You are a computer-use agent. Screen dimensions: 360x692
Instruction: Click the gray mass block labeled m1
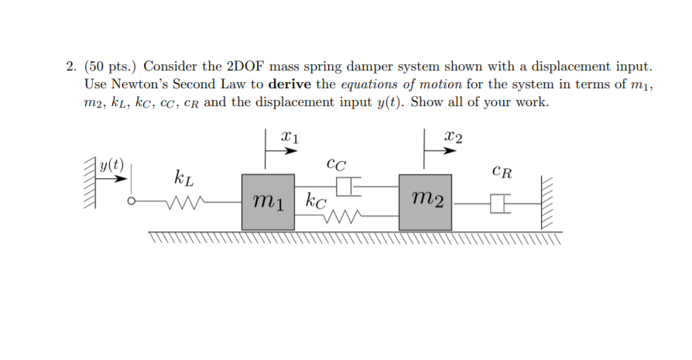coord(268,202)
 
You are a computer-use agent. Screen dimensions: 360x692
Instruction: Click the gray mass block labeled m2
coord(425,202)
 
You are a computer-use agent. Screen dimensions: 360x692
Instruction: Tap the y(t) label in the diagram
coord(113,164)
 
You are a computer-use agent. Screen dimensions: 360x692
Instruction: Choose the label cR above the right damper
coord(502,171)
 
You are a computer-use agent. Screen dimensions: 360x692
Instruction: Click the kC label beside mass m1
coord(316,203)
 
